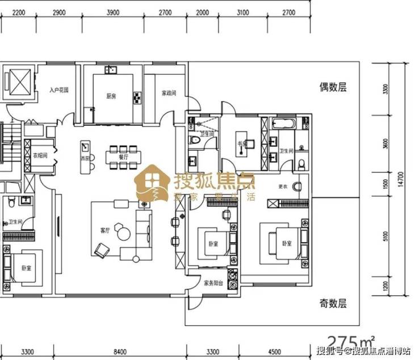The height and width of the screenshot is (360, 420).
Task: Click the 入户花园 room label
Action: coord(58,90)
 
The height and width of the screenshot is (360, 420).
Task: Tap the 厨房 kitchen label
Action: coord(111,96)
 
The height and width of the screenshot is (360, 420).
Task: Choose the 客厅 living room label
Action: coord(104,230)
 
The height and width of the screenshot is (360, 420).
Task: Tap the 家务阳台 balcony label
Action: coord(213,282)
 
